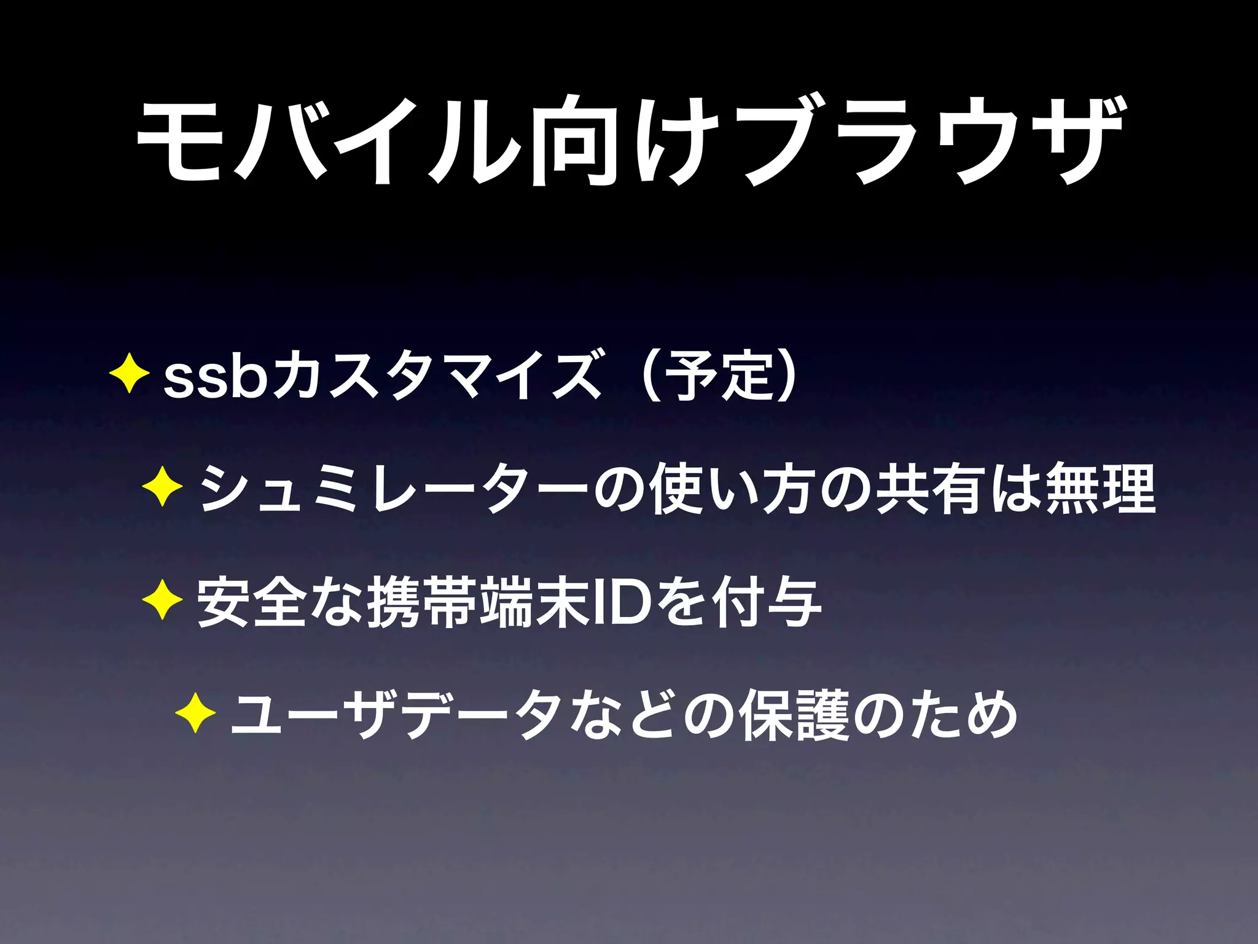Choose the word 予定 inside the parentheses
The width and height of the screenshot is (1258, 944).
721,376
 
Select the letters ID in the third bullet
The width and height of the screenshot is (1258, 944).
620,603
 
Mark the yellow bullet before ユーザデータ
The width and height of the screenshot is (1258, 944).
195,714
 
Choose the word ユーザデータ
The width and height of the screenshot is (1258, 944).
393,716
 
